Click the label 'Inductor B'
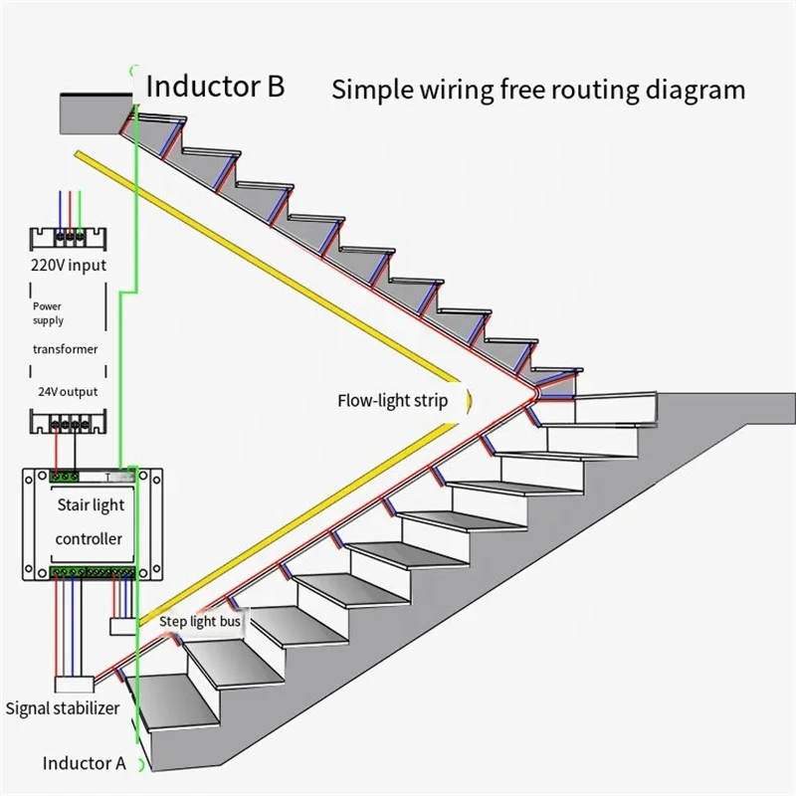pos(215,86)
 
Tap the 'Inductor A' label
pos(84,763)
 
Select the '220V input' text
pos(69,265)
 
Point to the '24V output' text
pos(68,391)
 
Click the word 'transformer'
pos(65,349)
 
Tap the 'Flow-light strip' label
pos(392,401)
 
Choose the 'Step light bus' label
pos(200,621)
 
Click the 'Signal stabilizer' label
pos(63,708)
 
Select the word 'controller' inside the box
pos(89,538)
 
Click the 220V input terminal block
pos(68,239)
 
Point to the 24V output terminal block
pos(68,422)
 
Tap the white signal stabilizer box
pos(74,685)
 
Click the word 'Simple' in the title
pos(371,90)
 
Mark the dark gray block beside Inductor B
pos(97,113)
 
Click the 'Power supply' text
pos(48,313)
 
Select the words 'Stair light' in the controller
pos(91,504)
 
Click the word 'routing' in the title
pos(595,91)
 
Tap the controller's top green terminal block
pos(65,477)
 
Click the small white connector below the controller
pos(122,626)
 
